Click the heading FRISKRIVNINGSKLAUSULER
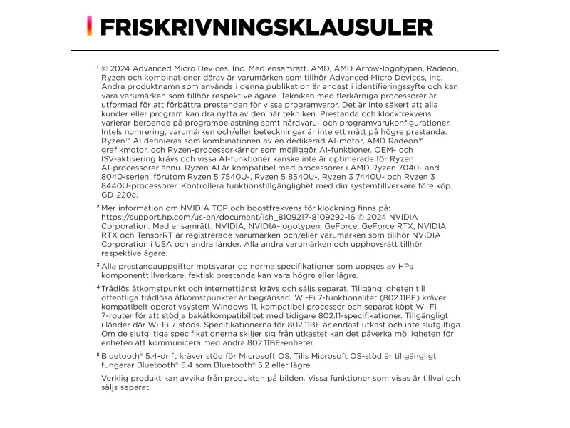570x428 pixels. click(266, 27)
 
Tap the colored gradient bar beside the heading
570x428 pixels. click(89, 26)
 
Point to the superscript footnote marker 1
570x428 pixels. click(97, 67)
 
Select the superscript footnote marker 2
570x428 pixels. click(98, 206)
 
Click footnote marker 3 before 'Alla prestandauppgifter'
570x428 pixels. click(98, 265)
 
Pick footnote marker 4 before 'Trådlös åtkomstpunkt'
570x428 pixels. click(98, 287)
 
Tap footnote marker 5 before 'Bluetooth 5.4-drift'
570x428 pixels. click(98, 354)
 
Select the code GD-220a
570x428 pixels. click(120, 194)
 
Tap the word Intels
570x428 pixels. click(115, 132)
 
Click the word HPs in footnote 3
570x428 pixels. click(405, 266)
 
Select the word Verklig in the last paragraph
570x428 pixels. click(117, 378)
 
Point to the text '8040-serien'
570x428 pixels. click(127, 176)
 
